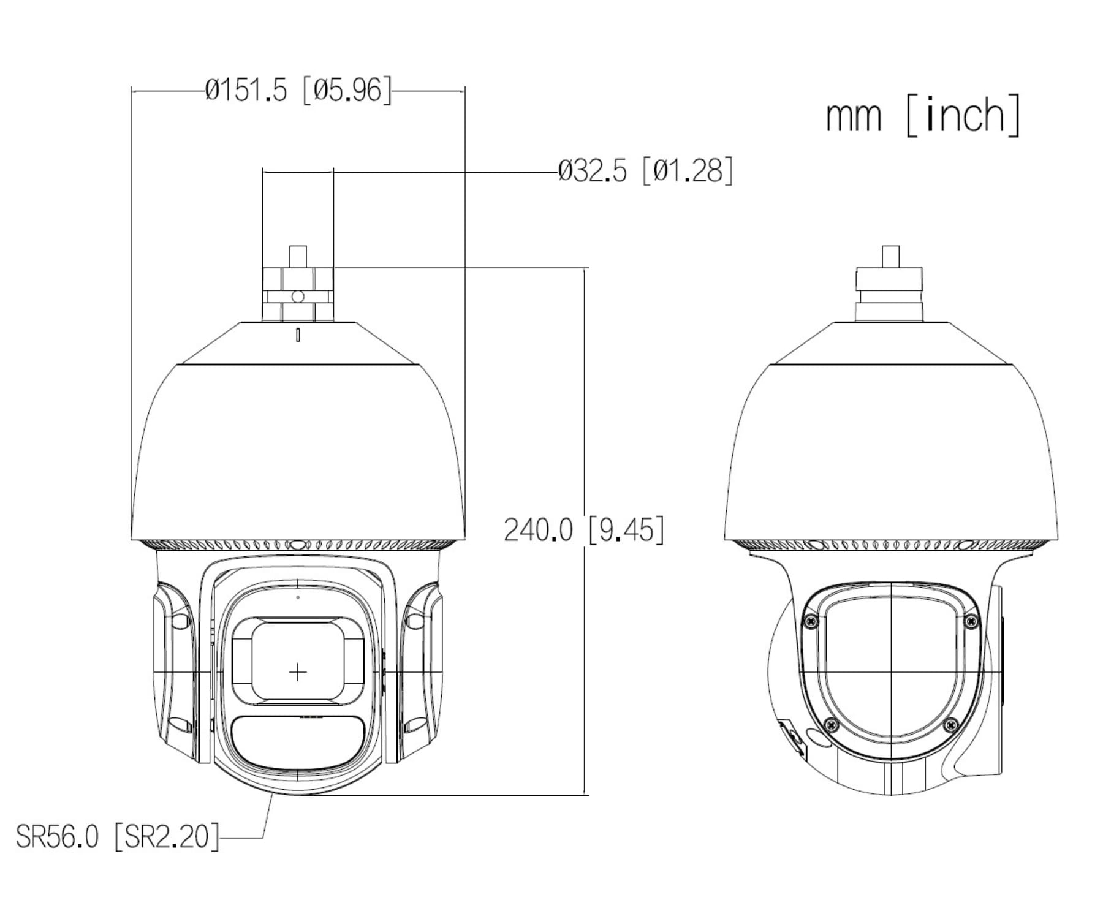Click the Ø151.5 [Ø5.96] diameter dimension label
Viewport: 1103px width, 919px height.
click(298, 91)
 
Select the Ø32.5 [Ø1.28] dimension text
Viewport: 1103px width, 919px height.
click(645, 170)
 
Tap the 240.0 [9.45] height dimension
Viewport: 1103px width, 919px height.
click(583, 529)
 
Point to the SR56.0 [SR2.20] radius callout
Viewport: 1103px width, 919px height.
click(117, 836)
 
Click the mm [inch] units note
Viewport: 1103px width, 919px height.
click(923, 115)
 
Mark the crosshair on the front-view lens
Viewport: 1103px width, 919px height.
click(298, 673)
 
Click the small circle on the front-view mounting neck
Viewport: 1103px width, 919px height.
click(298, 297)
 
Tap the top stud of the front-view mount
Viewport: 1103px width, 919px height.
click(298, 256)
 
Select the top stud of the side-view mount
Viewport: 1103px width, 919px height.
click(890, 256)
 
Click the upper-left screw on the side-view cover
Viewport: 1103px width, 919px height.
click(811, 621)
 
